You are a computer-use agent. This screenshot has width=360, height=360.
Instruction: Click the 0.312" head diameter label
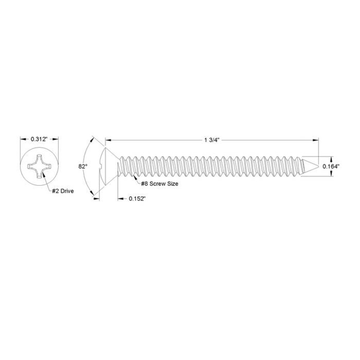39,139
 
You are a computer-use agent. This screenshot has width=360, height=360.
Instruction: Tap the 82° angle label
82,166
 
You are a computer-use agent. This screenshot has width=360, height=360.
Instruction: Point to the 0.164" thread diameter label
330,166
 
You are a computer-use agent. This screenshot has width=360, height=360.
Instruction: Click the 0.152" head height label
137,199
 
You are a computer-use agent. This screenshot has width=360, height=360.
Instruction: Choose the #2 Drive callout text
62,191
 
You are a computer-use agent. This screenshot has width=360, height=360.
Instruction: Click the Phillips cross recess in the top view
39,166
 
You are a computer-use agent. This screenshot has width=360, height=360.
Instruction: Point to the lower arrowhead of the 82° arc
93,193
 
